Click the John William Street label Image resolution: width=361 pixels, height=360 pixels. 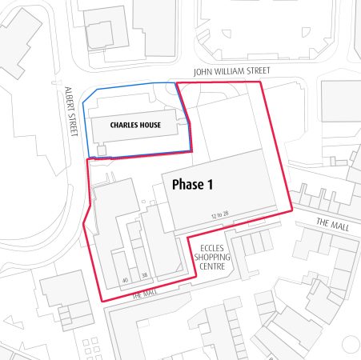pyautogui.click(x=232, y=71)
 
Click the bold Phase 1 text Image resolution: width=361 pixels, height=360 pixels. pyautogui.click(x=193, y=184)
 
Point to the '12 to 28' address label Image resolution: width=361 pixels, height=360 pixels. pyautogui.click(x=220, y=214)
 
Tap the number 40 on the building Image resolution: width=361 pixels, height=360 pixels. pyautogui.click(x=125, y=279)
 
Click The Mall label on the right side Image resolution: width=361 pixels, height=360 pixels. pyautogui.click(x=329, y=223)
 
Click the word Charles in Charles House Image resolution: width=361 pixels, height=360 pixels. pyautogui.click(x=118, y=126)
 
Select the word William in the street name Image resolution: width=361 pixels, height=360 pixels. pyautogui.click(x=232, y=71)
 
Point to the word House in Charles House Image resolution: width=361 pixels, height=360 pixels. pyautogui.click(x=149, y=126)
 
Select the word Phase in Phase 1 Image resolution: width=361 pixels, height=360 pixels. pyautogui.click(x=187, y=184)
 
